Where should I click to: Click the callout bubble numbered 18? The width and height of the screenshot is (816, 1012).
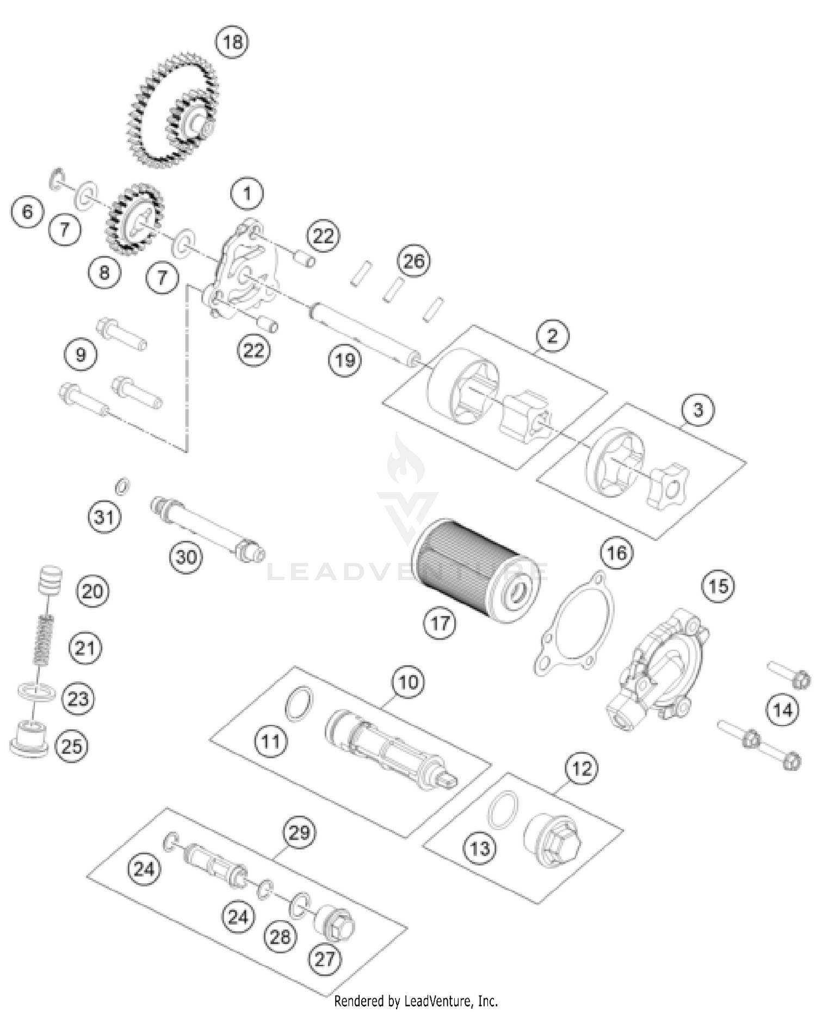pyautogui.click(x=232, y=42)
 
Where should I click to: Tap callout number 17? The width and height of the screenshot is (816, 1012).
pyautogui.click(x=440, y=623)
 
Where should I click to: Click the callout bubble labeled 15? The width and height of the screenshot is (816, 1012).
pyautogui.click(x=718, y=586)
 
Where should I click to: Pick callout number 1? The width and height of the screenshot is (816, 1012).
pyautogui.click(x=247, y=194)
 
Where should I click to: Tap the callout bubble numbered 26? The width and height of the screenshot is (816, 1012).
pyautogui.click(x=413, y=261)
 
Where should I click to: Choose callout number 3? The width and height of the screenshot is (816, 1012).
pyautogui.click(x=698, y=409)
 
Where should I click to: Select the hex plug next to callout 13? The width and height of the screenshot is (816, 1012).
pyautogui.click(x=552, y=840)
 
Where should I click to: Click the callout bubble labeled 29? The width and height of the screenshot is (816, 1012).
pyautogui.click(x=299, y=833)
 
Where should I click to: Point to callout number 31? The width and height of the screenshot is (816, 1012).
pyautogui.click(x=104, y=517)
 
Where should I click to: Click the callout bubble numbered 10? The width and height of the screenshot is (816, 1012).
pyautogui.click(x=408, y=682)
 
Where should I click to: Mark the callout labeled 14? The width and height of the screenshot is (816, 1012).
pyautogui.click(x=782, y=710)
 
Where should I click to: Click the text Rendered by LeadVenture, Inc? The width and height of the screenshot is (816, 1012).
pyautogui.click(x=416, y=1001)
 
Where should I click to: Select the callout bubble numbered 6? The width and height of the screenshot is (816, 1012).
pyautogui.click(x=28, y=212)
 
